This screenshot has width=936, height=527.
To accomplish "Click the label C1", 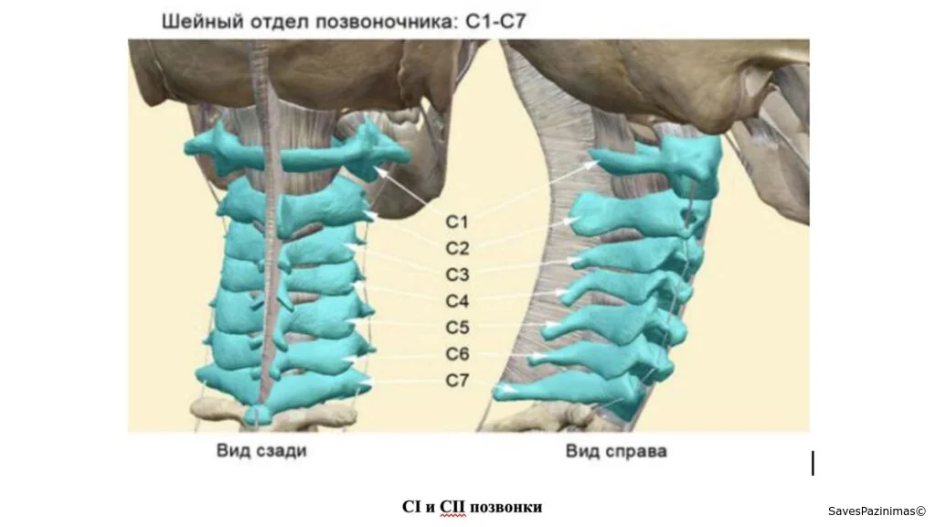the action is [x=457, y=221].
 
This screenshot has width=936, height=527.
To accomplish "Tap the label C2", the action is [x=457, y=248].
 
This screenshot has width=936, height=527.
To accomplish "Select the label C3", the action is [x=457, y=274].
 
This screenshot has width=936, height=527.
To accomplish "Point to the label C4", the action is [x=457, y=300].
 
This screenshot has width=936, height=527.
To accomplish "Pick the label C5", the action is [x=457, y=328].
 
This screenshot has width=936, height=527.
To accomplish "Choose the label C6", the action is [x=457, y=354].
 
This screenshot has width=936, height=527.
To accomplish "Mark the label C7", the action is [x=457, y=380].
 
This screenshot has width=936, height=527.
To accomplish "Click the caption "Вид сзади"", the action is [x=261, y=450].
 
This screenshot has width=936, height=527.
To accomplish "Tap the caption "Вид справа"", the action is [x=616, y=450].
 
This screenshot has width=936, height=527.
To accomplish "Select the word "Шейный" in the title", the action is [x=202, y=22].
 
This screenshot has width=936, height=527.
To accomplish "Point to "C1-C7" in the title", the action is [x=495, y=22].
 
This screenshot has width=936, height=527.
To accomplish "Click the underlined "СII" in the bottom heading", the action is [x=452, y=507].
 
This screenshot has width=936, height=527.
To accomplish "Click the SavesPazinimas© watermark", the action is [x=877, y=511].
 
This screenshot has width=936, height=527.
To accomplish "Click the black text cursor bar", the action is [x=813, y=463].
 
